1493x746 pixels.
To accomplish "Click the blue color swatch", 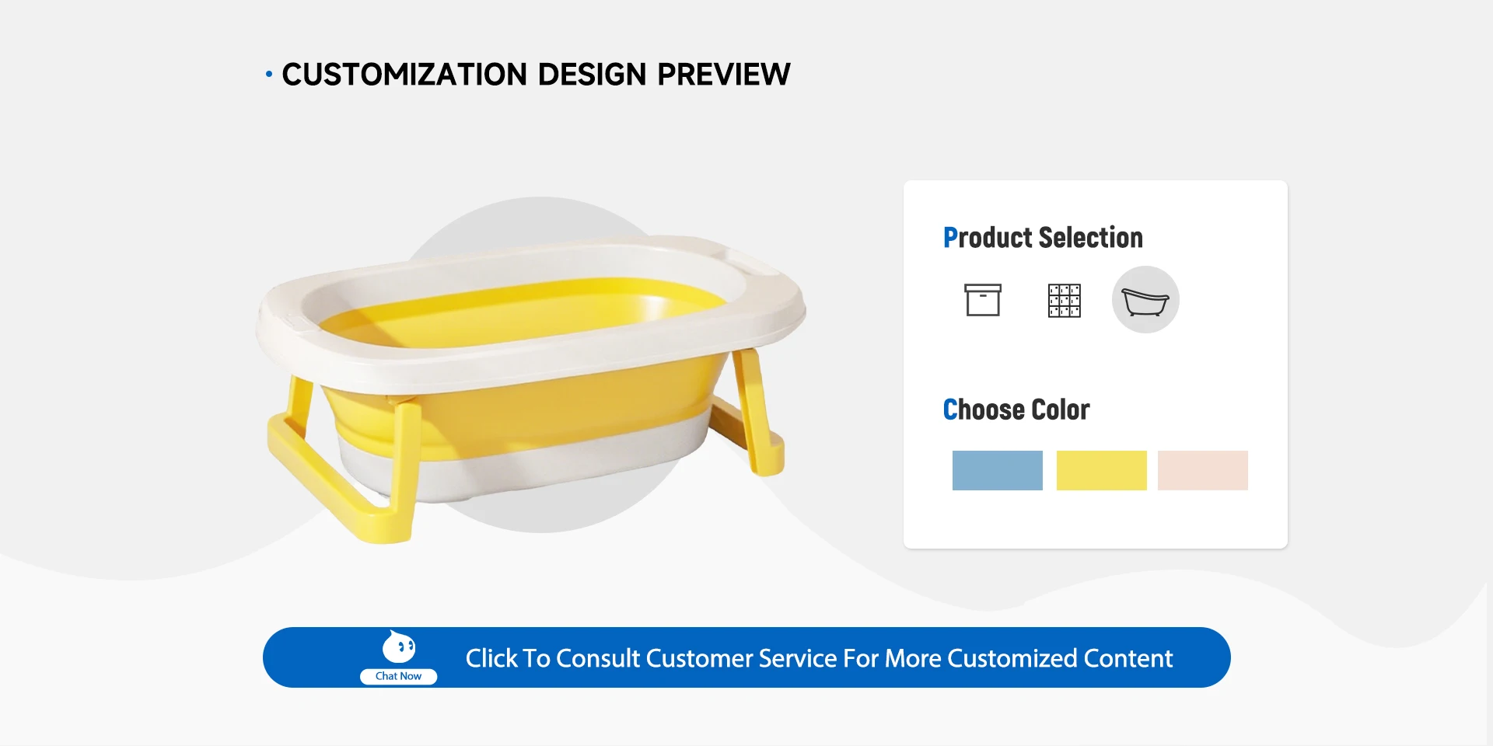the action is pyautogui.click(x=997, y=470).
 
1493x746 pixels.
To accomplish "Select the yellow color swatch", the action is pyautogui.click(x=1101, y=470).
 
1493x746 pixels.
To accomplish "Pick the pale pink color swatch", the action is pyautogui.click(x=1203, y=470).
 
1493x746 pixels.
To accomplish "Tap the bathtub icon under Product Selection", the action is pyautogui.click(x=1145, y=300).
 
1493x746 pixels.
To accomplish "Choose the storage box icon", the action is pyautogui.click(x=983, y=300).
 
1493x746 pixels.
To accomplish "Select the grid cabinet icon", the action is pyautogui.click(x=1065, y=301).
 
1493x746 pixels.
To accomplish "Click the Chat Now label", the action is pyautogui.click(x=398, y=676).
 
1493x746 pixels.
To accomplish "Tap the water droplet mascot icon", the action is pyautogui.click(x=399, y=647).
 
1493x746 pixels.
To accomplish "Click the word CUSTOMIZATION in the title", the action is pyautogui.click(x=404, y=75).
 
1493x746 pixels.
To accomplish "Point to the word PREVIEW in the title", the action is pyautogui.click(x=724, y=75).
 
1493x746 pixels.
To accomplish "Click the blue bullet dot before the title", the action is pyautogui.click(x=269, y=75).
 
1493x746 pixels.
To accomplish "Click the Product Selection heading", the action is pyautogui.click(x=1043, y=238).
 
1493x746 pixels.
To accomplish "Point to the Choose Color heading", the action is pyautogui.click(x=1016, y=410).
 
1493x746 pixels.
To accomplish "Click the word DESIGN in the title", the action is pyautogui.click(x=593, y=75).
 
